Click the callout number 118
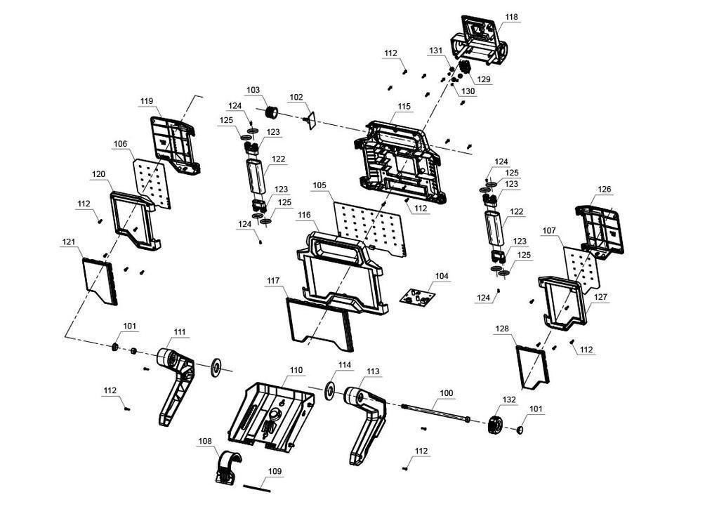(x=511, y=17)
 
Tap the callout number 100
(x=446, y=393)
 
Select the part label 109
(x=275, y=471)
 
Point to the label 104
(x=442, y=276)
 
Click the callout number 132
(x=509, y=400)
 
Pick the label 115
(x=404, y=107)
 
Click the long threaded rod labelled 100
(x=435, y=412)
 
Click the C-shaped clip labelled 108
(x=226, y=468)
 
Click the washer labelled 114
(x=329, y=390)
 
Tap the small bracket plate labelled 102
(x=311, y=120)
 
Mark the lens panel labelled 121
(x=100, y=281)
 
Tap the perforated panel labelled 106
(x=152, y=183)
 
